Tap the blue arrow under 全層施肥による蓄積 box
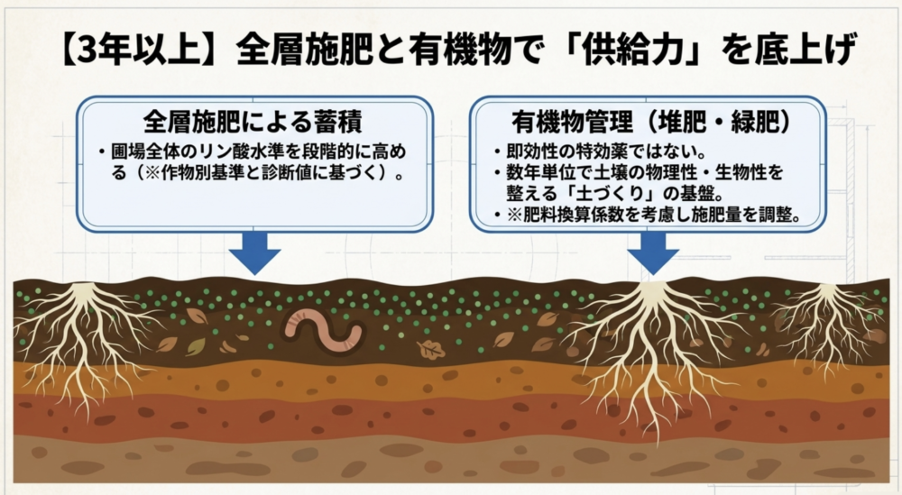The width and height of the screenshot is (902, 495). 255,253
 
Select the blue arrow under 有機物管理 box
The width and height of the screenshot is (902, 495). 653,253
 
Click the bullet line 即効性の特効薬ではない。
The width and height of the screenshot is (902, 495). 606,151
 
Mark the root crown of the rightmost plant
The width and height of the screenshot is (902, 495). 826,290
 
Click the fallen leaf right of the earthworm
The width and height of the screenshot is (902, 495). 429,348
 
